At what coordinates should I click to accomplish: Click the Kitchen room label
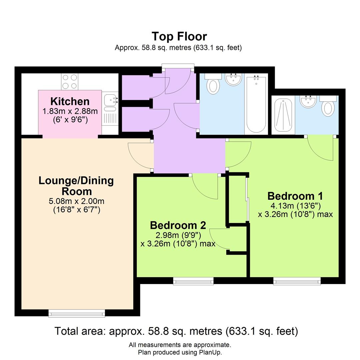pyautogui.click(x=70, y=101)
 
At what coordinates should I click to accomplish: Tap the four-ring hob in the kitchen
pyautogui.click(x=69, y=81)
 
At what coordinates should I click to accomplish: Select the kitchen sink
pyautogui.click(x=110, y=100)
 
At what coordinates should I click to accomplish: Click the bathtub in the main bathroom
pyautogui.click(x=256, y=104)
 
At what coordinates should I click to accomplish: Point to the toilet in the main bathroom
pyautogui.click(x=213, y=84)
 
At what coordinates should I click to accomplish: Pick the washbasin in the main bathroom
pyautogui.click(x=233, y=79)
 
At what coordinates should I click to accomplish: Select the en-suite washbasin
pyautogui.click(x=308, y=101)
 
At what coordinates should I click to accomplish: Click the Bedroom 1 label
pyautogui.click(x=295, y=196)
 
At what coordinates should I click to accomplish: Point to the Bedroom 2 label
pyautogui.click(x=178, y=225)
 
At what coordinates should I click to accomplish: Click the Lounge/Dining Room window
pyautogui.click(x=77, y=313)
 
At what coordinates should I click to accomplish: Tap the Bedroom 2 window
pyautogui.click(x=193, y=282)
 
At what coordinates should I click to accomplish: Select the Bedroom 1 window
pyautogui.click(x=297, y=282)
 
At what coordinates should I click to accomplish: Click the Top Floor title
pyautogui.click(x=179, y=36)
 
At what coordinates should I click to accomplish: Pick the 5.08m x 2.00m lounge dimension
pyautogui.click(x=76, y=201)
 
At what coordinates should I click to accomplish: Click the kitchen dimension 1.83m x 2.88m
pyautogui.click(x=70, y=111)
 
